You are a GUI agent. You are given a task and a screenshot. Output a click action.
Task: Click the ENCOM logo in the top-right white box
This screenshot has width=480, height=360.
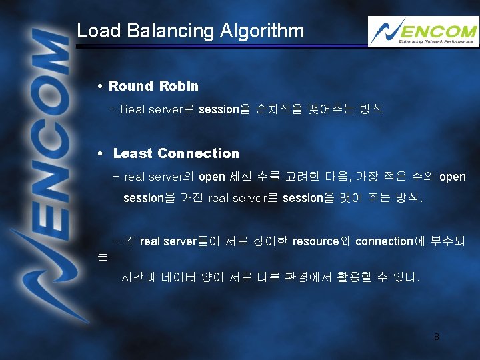[423, 31]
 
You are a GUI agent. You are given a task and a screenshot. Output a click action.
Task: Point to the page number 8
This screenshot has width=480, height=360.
[437, 337]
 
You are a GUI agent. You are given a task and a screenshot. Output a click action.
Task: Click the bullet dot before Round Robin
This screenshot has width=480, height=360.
[99, 87]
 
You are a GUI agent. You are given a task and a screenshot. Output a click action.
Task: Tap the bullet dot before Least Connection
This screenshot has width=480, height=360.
[99, 154]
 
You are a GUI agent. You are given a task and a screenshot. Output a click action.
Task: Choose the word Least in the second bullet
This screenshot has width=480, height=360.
[133, 153]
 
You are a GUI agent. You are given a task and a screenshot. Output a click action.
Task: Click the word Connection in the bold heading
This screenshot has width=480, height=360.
[198, 153]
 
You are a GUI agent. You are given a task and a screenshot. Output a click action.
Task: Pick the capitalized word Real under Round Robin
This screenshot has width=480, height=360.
[133, 109]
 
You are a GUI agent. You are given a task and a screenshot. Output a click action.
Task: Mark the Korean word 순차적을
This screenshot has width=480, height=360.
[271, 109]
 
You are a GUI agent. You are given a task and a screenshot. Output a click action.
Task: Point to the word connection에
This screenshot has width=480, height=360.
[390, 241]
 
